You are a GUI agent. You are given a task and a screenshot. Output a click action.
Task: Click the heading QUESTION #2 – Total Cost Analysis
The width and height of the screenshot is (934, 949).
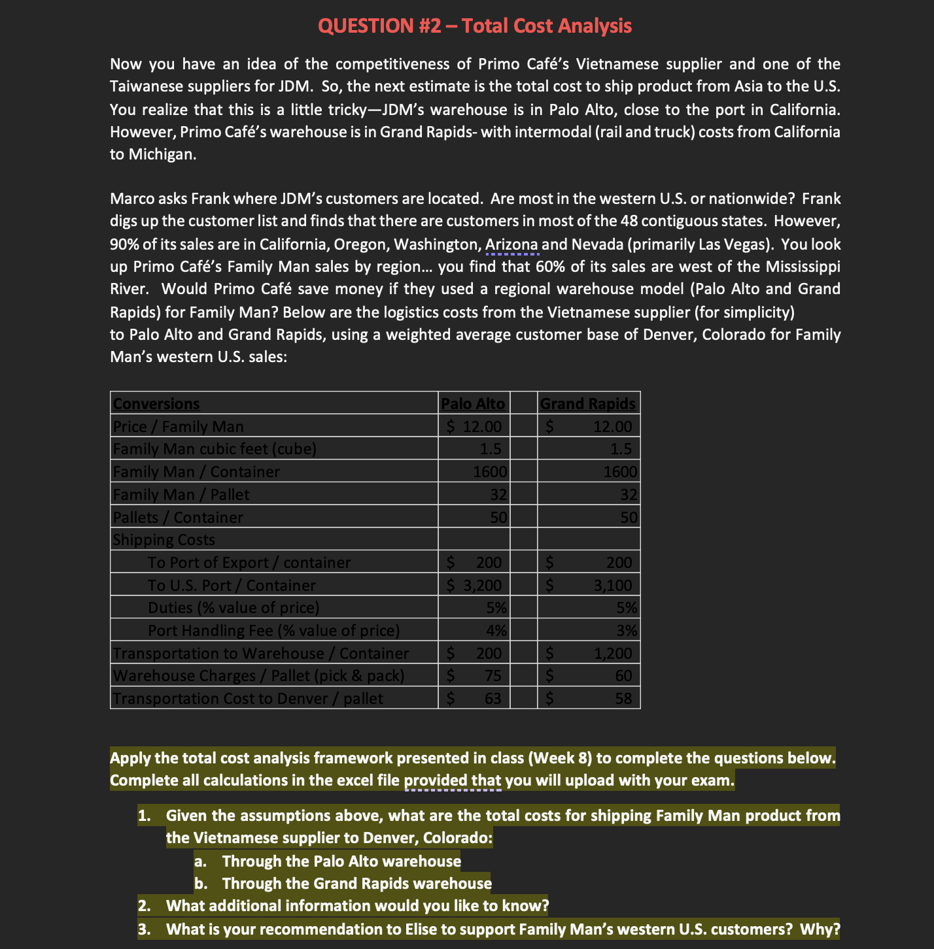point(474,25)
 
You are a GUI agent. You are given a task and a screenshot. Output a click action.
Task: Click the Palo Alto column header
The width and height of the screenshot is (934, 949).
point(473,404)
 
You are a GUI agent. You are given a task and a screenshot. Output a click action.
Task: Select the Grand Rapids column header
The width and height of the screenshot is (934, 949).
point(587,404)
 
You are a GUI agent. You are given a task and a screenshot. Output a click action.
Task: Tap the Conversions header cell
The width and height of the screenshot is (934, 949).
point(156,404)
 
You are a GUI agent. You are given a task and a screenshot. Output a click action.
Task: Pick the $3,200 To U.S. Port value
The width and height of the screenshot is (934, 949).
point(474,585)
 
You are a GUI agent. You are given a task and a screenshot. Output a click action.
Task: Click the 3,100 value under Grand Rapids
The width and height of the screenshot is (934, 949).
point(612,585)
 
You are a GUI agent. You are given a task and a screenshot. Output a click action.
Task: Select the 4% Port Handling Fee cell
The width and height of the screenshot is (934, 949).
point(496,631)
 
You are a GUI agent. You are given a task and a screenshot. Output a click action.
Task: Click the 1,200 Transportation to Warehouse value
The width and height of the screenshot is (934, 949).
point(612,653)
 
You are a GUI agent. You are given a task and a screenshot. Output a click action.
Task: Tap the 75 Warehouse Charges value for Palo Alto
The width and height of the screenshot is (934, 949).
point(493,676)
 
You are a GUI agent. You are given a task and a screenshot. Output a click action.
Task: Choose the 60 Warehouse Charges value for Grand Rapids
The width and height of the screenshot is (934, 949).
point(623,676)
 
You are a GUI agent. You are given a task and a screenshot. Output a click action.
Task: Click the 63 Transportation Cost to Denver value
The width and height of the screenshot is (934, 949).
point(493,699)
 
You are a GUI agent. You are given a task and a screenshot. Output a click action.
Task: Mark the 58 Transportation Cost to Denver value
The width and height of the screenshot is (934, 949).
point(623,699)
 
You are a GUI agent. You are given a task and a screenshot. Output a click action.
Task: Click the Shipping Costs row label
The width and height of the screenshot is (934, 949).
point(164,540)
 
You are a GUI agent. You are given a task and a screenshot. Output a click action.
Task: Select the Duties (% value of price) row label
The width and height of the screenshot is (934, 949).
point(233,608)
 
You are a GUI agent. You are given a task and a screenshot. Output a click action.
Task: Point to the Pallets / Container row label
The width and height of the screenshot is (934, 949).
point(178,518)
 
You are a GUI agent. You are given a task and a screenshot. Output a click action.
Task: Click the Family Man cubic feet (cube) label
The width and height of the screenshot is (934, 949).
point(215,449)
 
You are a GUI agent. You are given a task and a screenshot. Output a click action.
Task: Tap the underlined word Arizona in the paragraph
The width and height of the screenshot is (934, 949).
point(511,244)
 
